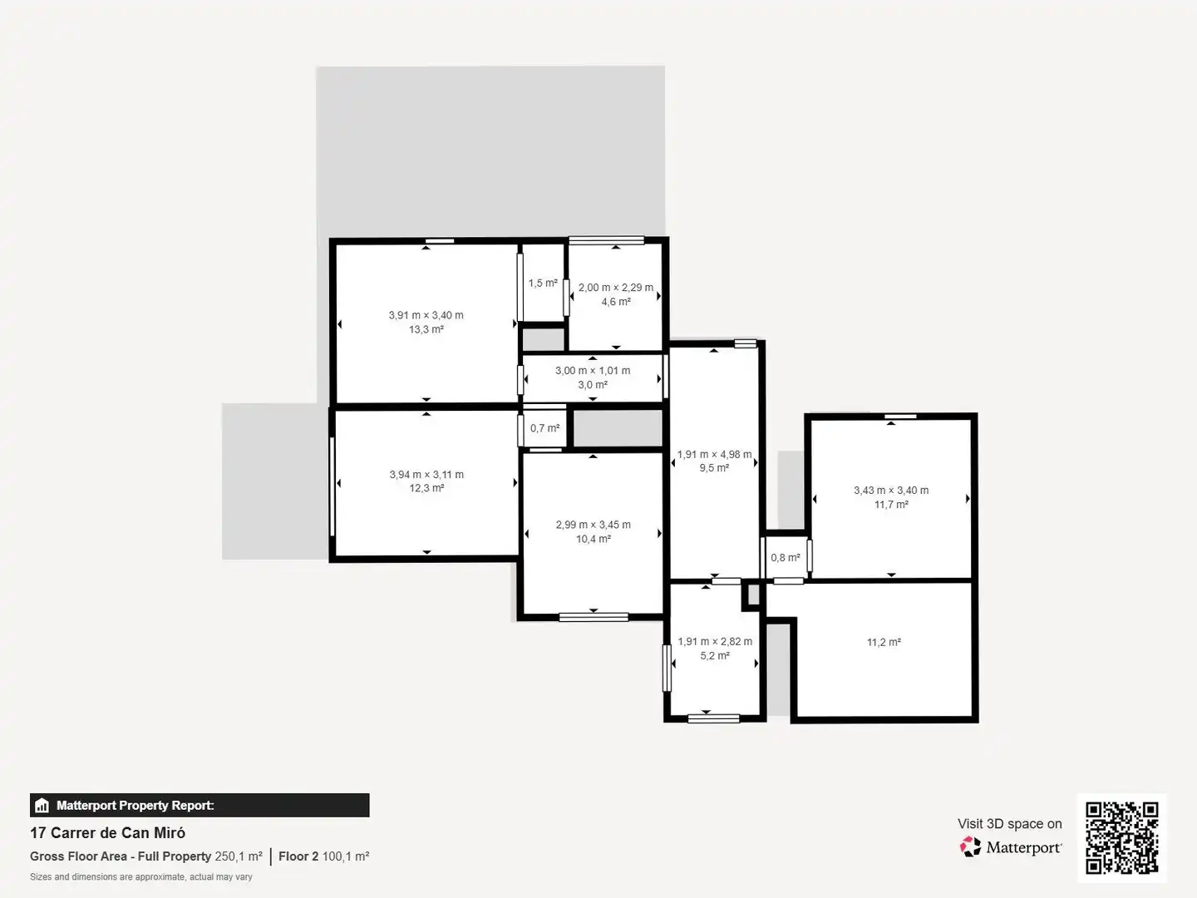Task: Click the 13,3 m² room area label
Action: [x=426, y=329]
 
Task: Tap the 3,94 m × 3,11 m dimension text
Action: [x=426, y=474]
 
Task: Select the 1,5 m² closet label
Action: [x=543, y=283]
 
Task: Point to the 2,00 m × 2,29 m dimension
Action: [x=616, y=288]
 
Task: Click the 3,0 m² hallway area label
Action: [x=593, y=385]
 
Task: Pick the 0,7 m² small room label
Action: [x=544, y=428]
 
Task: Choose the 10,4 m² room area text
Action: [x=594, y=540]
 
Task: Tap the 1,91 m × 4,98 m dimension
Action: [x=714, y=454]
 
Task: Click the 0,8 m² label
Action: [x=786, y=558]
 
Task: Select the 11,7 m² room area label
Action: [x=891, y=505]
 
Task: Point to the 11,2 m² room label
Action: [x=884, y=642]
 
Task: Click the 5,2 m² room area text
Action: [x=715, y=656]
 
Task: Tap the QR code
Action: [x=1121, y=838]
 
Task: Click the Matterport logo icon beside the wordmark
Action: [x=970, y=846]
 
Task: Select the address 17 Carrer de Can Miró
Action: [x=107, y=833]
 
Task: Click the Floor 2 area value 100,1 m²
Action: [x=346, y=856]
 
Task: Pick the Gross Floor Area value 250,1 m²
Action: [x=239, y=856]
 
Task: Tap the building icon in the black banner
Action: [x=42, y=806]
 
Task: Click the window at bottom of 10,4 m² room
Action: [x=594, y=617]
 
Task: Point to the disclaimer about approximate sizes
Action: [x=140, y=876]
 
